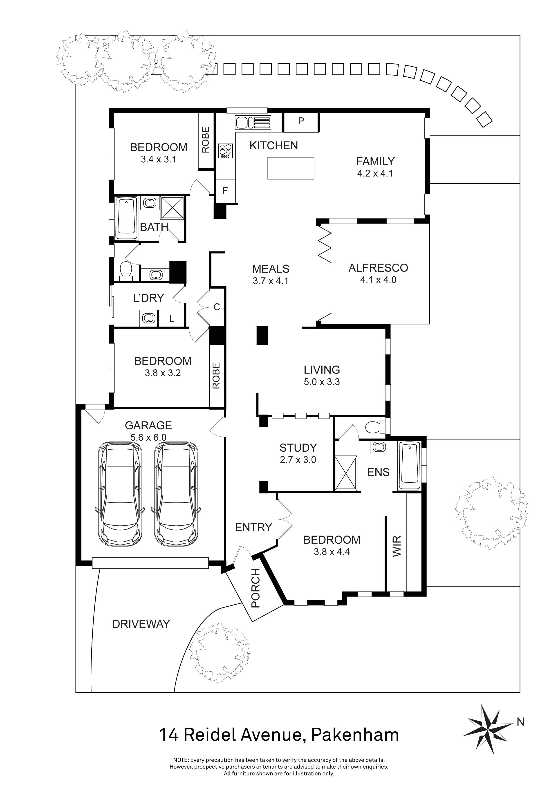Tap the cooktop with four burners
tap(225, 150)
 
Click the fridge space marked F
tap(225, 191)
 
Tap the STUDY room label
tap(298, 448)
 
